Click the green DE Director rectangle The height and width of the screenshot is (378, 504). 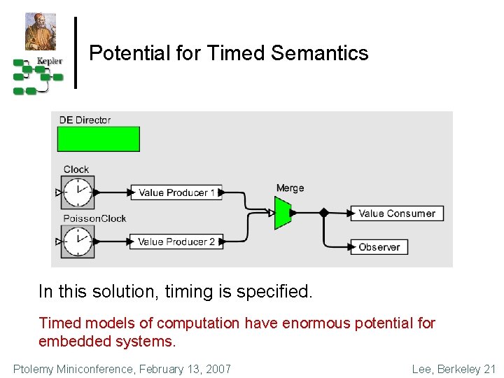(99, 139)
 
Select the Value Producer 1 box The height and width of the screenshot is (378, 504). (177, 192)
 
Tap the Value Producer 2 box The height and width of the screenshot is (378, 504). (176, 241)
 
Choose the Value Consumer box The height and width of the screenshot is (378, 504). (397, 213)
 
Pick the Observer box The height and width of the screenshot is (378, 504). (379, 247)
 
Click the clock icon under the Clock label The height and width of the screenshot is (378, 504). (78, 192)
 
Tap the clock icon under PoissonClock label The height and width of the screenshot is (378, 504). (78, 241)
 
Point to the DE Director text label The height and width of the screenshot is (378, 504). (85, 120)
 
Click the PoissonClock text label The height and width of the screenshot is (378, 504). (94, 218)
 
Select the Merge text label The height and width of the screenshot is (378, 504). (290, 188)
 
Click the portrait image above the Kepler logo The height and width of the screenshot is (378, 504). (41, 32)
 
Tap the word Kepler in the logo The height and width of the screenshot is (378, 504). (50, 61)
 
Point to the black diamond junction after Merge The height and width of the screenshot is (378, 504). (323, 212)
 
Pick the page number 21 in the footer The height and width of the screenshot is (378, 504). (489, 369)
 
